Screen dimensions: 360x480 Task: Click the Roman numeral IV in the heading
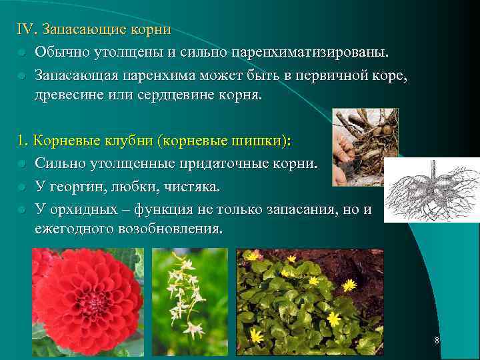(x=26, y=30)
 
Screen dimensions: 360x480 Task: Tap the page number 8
(x=437, y=341)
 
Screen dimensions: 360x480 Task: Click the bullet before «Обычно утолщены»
(x=22, y=53)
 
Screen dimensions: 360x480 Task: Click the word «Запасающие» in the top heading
(x=79, y=30)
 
